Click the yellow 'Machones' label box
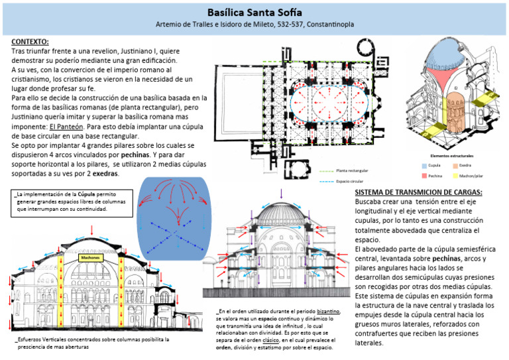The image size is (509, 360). [91, 257]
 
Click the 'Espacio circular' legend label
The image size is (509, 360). [353, 180]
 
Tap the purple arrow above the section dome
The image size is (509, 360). [281, 194]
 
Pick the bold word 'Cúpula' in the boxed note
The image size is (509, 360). [86, 194]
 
